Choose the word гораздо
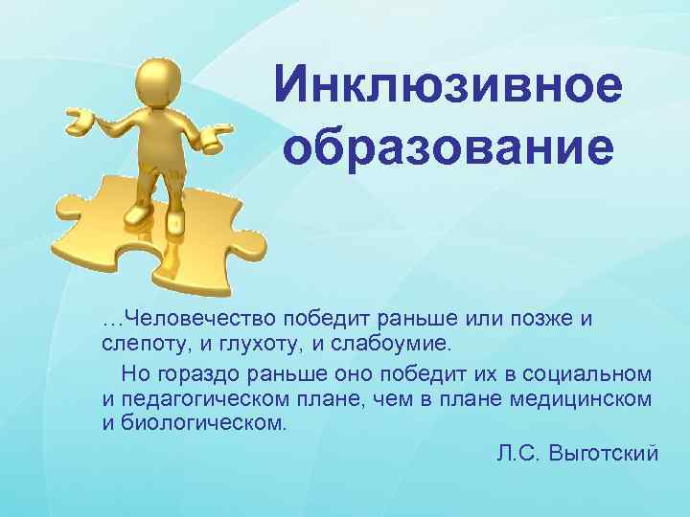[x=192, y=372]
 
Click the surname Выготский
[x=606, y=454]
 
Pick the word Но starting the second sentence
[x=133, y=372]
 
